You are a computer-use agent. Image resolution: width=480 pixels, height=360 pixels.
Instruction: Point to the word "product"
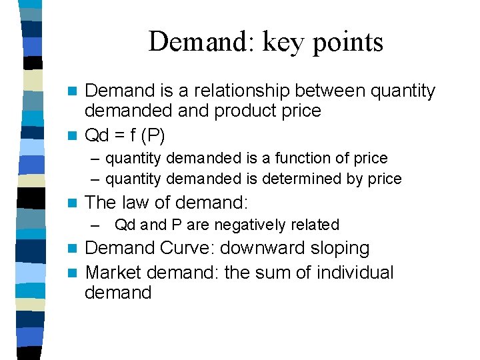click(241, 111)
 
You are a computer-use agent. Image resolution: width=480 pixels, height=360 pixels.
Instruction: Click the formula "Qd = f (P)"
click(126, 135)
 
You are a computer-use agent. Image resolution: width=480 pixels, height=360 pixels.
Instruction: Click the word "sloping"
click(339, 248)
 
